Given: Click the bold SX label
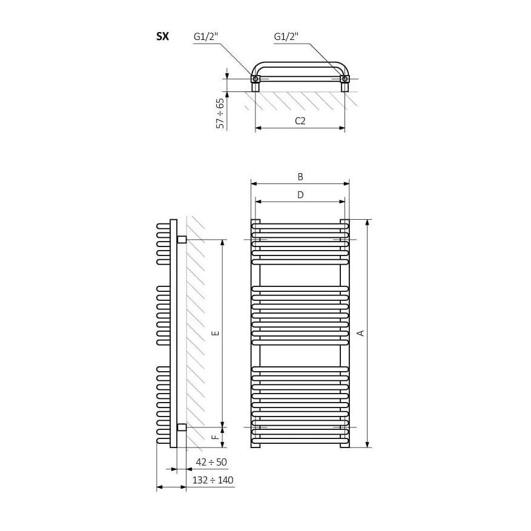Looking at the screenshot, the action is (x=162, y=36).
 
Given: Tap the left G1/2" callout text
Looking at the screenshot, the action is (x=206, y=36).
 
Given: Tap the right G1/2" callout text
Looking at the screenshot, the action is (x=286, y=36).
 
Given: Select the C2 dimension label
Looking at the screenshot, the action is (x=300, y=121).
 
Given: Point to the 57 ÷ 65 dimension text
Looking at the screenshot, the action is (x=220, y=113).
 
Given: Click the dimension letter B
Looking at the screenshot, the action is (x=300, y=177).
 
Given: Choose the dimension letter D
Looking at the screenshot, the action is (x=300, y=195).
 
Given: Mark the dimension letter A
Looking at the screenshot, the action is (x=361, y=333).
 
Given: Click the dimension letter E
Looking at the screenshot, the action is (x=216, y=333).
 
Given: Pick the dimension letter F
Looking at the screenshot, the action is (x=216, y=437).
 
